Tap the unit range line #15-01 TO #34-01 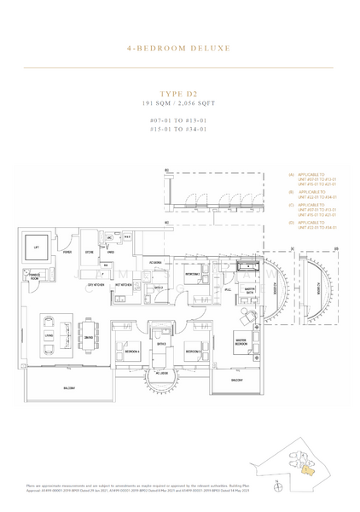[178, 130]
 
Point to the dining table [88, 327]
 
